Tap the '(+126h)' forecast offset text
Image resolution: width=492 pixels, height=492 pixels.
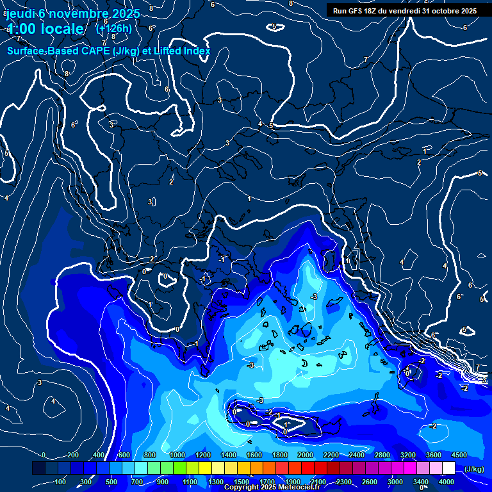tap(114, 29)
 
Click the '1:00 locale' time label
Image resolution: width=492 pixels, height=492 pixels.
tap(45, 29)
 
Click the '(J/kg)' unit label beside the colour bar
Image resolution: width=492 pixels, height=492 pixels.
tap(473, 469)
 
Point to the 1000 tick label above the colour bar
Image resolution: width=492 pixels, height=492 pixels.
tap(177, 455)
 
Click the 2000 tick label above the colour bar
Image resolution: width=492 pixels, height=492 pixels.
tap(306, 455)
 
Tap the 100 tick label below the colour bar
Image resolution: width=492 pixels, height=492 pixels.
tap(60, 482)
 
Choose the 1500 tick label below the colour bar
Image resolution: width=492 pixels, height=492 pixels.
tap(242, 482)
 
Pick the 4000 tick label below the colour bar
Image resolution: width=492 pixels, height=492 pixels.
tap(447, 482)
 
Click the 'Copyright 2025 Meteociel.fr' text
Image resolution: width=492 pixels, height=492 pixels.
tap(272, 488)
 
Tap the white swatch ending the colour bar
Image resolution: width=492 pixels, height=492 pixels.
tap(448, 468)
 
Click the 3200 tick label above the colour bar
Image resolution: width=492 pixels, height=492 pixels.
tap(408, 455)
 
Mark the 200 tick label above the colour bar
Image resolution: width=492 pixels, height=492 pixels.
tap(72, 455)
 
